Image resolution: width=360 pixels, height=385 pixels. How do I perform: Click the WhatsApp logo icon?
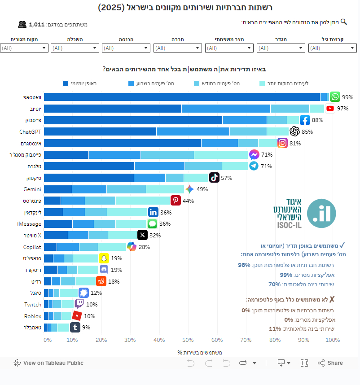tap(335, 97)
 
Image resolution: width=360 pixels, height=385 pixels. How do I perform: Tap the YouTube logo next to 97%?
tap(330, 109)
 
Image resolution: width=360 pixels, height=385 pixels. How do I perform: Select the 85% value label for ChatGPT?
tap(307, 132)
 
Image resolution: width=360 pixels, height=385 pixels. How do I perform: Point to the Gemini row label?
tap(32, 189)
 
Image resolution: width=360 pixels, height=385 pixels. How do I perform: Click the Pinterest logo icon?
tap(176, 201)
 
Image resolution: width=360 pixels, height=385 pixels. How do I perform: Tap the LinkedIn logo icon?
tap(153, 212)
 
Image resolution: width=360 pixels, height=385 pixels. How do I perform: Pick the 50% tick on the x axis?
tap(188, 340)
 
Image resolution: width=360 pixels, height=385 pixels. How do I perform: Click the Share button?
tap(330, 363)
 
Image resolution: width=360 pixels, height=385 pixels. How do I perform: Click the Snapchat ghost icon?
tap(104, 258)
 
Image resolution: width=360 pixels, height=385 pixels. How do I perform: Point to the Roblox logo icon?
tap(77, 316)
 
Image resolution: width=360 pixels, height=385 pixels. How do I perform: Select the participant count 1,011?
tap(36, 25)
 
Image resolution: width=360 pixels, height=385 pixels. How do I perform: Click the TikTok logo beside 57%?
tap(214, 178)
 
